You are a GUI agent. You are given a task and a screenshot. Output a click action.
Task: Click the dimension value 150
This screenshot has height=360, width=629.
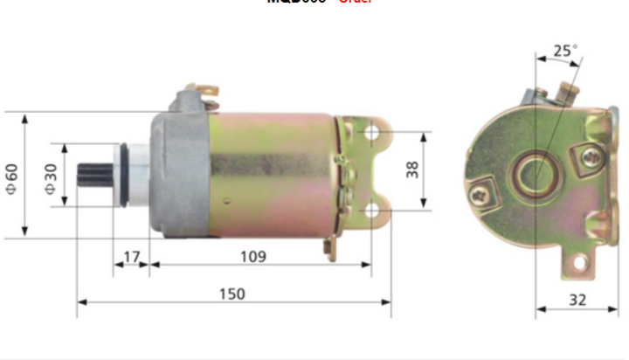[x=232, y=294]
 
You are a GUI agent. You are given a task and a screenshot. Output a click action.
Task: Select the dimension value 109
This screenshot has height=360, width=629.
[x=253, y=257]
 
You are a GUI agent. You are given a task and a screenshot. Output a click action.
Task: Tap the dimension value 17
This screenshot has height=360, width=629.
[x=131, y=257]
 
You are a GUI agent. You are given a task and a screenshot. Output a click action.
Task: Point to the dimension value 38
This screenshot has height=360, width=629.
[x=411, y=170]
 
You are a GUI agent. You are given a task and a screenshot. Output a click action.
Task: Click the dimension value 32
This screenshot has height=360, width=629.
[x=577, y=300]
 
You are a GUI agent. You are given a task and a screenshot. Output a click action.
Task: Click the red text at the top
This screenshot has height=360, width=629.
[x=355, y=3]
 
